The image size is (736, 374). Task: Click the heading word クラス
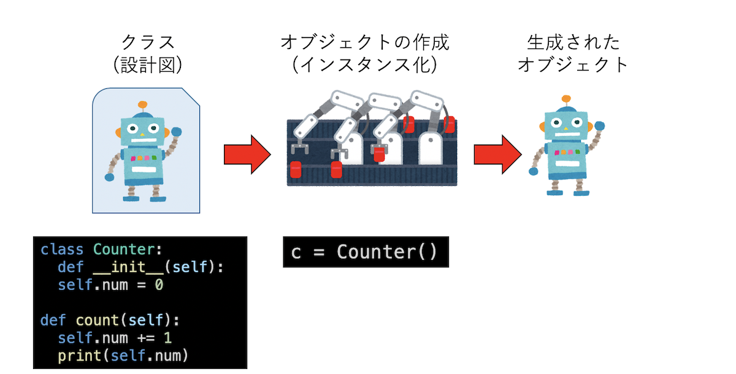(148, 42)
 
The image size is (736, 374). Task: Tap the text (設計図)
(148, 64)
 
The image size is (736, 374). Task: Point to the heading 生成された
(573, 42)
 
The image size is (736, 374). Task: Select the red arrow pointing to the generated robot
(497, 155)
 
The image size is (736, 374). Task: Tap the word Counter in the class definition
(122, 250)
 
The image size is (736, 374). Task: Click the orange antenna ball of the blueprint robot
(143, 105)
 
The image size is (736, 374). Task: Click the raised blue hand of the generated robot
(599, 126)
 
